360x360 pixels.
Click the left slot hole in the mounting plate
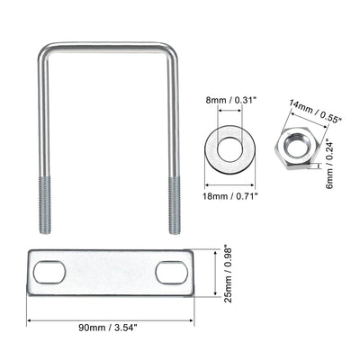49,272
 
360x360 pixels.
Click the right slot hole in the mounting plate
170,272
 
